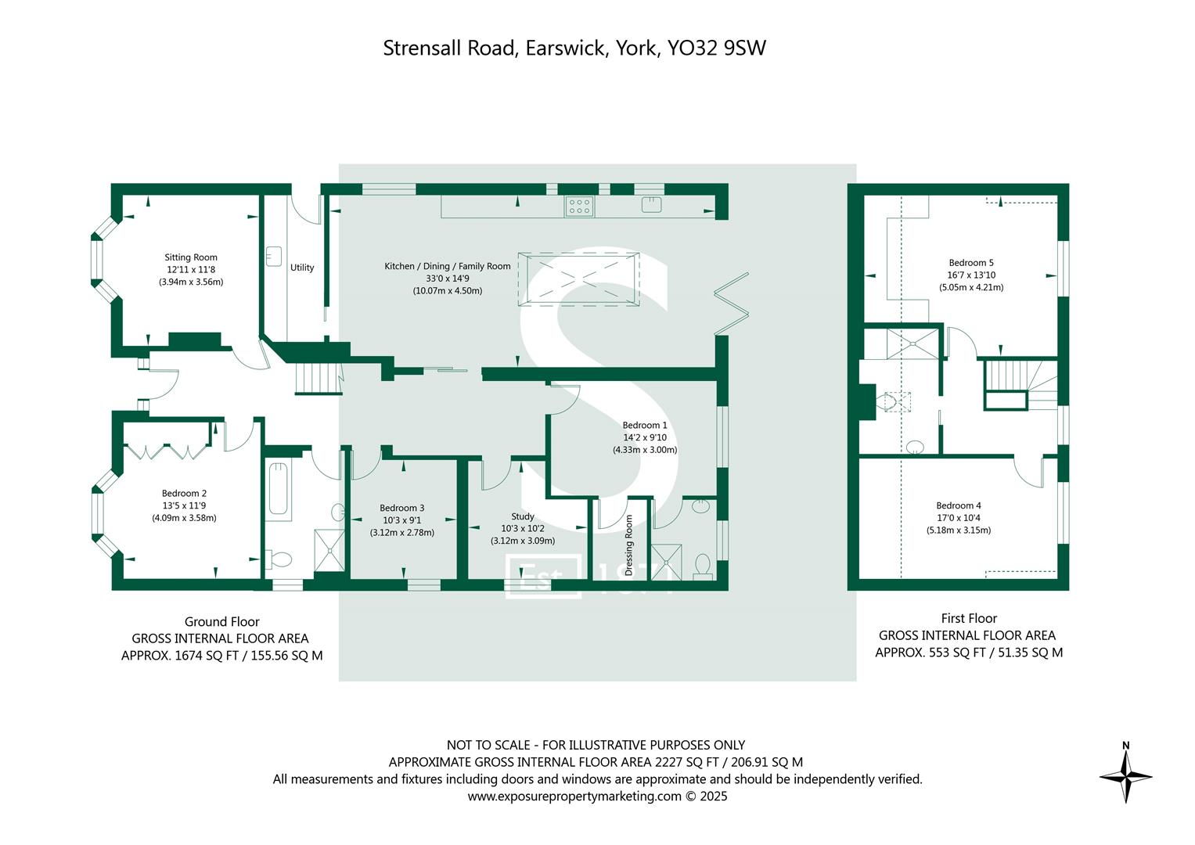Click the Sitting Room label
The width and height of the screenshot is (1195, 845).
191,257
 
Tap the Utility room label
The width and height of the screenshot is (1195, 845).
302,268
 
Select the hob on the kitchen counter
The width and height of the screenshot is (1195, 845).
579,206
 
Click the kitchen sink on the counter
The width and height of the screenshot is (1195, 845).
651,205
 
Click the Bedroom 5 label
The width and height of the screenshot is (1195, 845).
971,263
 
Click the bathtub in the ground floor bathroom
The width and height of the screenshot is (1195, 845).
279,490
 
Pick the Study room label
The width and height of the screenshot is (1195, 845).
523,516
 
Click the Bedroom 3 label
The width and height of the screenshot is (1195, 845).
402,508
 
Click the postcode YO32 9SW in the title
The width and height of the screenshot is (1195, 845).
716,49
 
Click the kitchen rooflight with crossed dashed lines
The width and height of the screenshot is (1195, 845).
579,279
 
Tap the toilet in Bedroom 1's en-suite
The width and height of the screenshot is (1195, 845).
703,565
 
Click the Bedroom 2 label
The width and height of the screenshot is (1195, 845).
184,493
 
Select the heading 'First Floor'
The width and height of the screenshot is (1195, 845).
969,618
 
